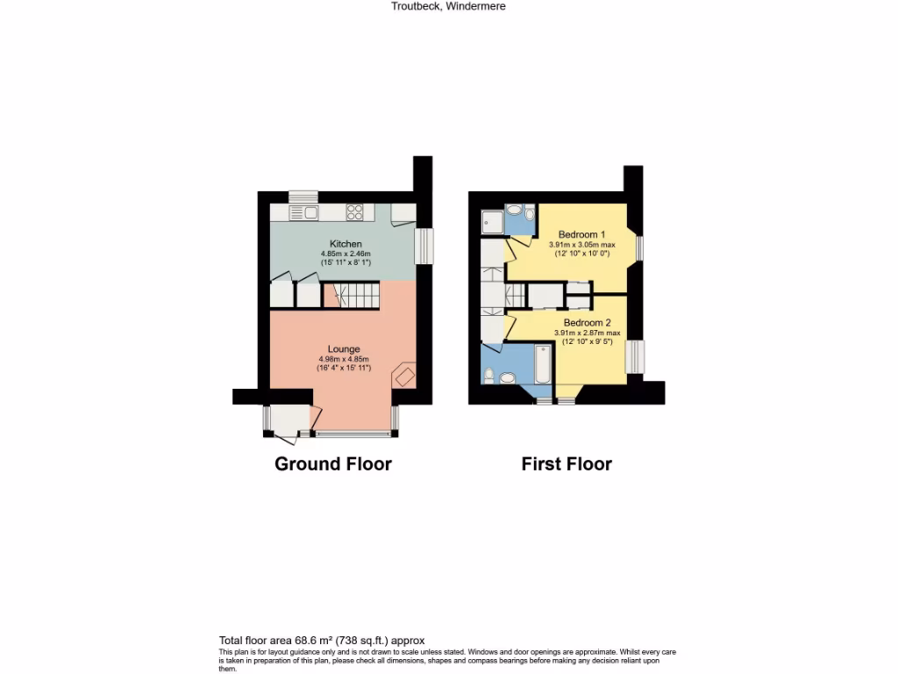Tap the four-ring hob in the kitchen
tap(355, 212)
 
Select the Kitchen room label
tap(346, 244)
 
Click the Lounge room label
tap(344, 349)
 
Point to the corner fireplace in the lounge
tap(404, 376)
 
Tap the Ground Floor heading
tap(333, 463)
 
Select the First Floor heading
tap(567, 463)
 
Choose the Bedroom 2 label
tap(587, 322)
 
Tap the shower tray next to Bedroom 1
tap(492, 222)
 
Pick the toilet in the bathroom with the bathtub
tap(502, 377)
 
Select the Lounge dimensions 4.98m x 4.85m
tap(344, 359)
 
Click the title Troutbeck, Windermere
tap(448, 6)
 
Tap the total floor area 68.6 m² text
tap(321, 641)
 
